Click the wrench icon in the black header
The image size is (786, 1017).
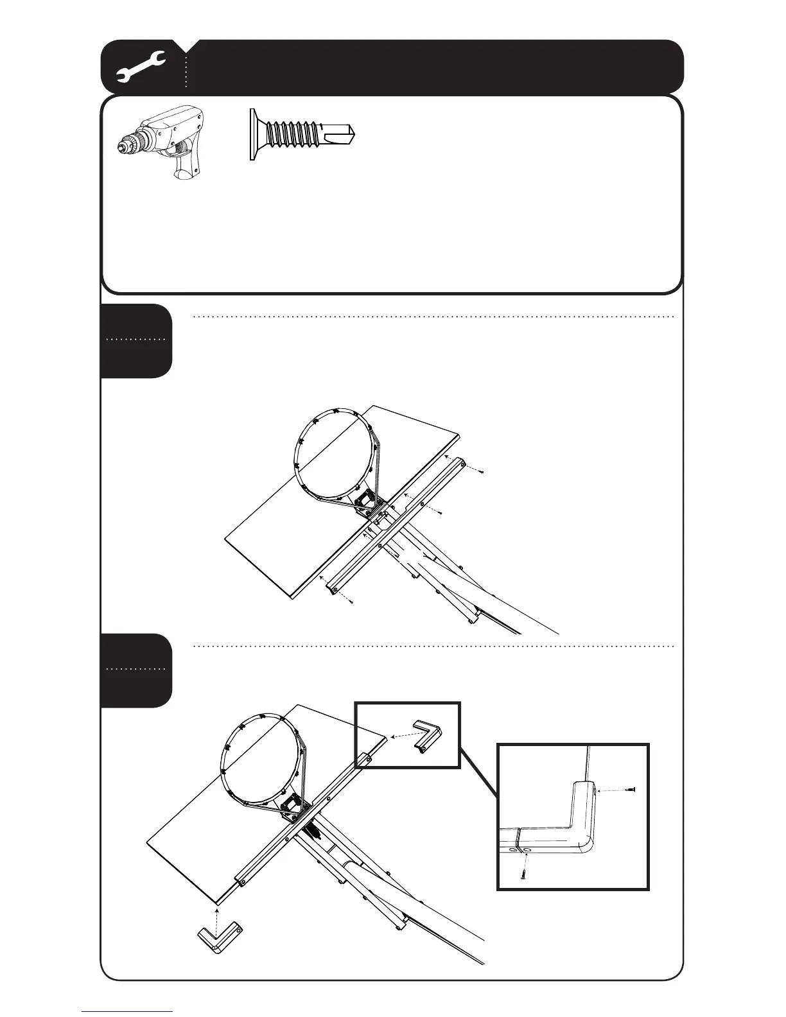141,67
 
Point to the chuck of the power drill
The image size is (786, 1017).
129,146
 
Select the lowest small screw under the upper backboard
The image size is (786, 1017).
351,602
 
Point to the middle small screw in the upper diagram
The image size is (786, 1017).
439,512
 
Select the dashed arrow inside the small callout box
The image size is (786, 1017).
401,737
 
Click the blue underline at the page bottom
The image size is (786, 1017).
127,1011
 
